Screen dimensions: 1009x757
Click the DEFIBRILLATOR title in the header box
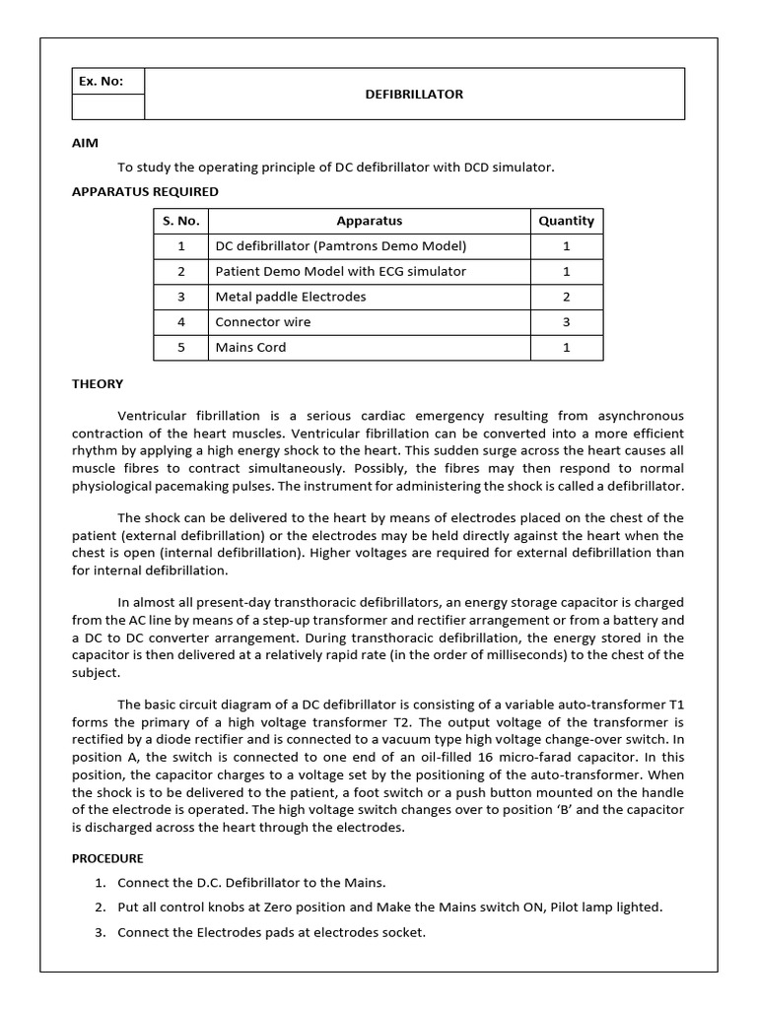(414, 95)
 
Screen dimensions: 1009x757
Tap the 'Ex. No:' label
(101, 82)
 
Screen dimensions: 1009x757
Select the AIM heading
(85, 143)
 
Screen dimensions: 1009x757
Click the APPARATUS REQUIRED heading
(145, 191)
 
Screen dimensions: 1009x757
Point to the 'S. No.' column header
(181, 222)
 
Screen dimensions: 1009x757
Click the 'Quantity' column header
(566, 222)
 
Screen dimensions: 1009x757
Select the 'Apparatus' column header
(370, 222)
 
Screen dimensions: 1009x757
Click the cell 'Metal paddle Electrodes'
(291, 297)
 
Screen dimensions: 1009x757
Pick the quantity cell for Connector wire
(566, 322)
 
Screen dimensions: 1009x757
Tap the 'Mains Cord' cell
(251, 348)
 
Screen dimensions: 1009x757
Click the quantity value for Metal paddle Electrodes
(566, 297)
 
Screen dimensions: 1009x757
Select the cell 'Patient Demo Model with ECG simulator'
(341, 271)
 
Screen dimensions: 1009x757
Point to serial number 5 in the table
(181, 348)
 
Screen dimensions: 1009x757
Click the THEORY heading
(98, 384)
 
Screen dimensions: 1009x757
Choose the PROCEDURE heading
(107, 858)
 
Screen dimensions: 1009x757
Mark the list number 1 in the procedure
(101, 882)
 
